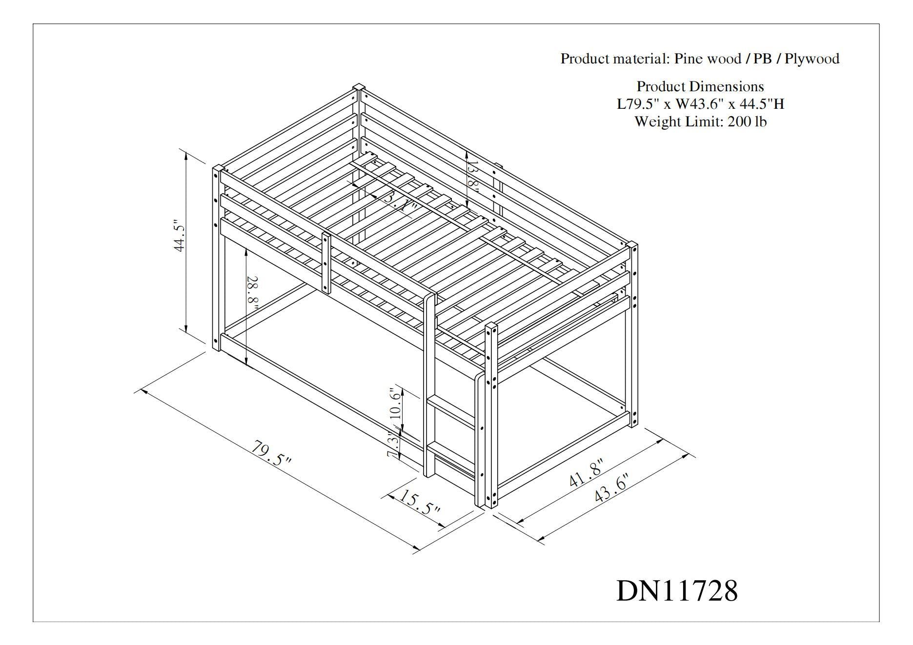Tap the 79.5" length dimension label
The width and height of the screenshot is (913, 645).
[x=271, y=454]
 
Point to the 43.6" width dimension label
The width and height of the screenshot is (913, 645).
[x=611, y=487]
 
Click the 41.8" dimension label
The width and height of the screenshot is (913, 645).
[x=586, y=473]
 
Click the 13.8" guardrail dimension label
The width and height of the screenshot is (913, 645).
[x=472, y=177]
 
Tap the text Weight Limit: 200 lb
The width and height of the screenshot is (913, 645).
[x=700, y=121]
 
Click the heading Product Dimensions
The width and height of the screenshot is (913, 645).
[x=700, y=87]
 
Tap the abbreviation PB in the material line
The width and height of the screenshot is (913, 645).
[x=762, y=59]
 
